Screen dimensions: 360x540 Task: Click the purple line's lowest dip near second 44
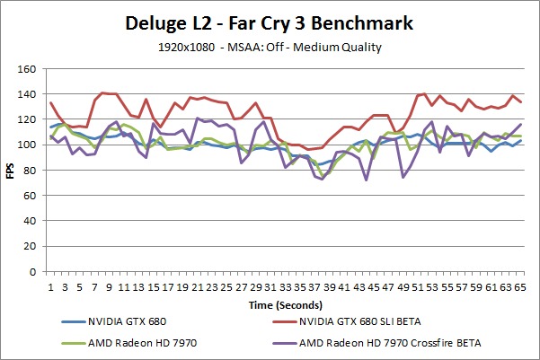point(367,180)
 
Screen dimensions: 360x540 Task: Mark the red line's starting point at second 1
point(50,102)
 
